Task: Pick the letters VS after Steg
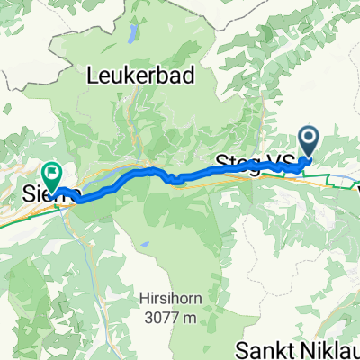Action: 281,163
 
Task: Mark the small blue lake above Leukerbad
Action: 134,36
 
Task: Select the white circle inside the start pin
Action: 308,138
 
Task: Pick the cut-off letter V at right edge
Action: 356,191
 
